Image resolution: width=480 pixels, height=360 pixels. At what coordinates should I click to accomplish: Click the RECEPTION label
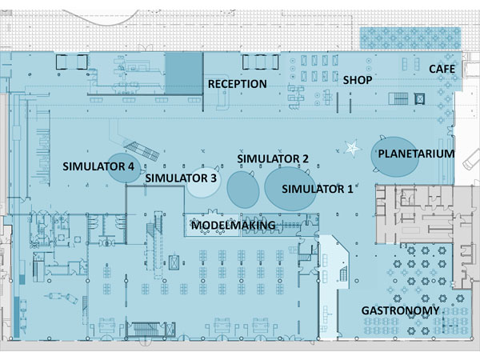tap(238, 84)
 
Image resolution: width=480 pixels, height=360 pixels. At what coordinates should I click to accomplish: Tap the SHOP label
tap(358, 80)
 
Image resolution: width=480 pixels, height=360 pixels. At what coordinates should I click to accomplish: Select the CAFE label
tap(442, 69)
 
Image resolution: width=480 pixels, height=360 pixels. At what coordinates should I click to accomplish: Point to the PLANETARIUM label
tap(416, 154)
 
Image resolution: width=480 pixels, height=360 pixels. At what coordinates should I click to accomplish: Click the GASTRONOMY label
tap(401, 310)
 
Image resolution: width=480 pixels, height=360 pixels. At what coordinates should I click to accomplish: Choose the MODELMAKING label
tap(234, 226)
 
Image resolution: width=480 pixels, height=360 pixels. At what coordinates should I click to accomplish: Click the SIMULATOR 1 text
tap(318, 189)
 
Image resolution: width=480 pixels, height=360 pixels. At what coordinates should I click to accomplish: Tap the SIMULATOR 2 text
tap(273, 159)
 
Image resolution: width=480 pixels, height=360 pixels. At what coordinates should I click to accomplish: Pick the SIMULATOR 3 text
tap(181, 178)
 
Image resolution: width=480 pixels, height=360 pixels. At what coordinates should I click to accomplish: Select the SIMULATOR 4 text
tap(98, 166)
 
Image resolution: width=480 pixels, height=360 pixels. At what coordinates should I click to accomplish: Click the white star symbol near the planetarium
tap(352, 148)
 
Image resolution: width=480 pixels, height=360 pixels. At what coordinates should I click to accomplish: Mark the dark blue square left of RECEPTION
tap(184, 73)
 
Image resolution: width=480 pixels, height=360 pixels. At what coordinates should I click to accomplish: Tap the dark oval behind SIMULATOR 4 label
tap(123, 168)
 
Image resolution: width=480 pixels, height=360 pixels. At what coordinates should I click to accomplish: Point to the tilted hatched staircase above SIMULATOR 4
tap(143, 150)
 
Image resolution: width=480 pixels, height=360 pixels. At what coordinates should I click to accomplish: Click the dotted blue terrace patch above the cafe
tap(410, 38)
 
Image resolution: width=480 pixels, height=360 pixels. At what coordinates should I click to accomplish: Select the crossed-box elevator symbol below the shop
tap(419, 99)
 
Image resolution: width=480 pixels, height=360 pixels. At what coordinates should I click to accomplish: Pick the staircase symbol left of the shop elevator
tap(398, 99)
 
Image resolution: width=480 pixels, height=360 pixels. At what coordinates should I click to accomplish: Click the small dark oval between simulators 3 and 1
tap(243, 190)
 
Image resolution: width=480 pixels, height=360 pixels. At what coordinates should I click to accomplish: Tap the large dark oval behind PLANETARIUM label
tap(395, 157)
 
